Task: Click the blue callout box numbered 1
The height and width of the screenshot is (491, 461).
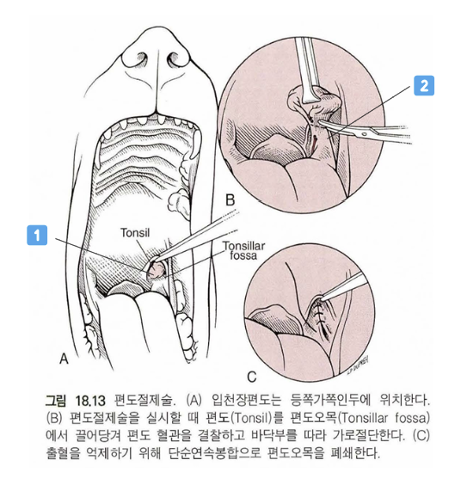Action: point(37,235)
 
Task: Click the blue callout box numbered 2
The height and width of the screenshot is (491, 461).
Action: point(424,85)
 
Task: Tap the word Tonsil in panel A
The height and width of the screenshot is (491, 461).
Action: point(135,233)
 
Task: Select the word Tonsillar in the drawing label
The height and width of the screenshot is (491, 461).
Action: point(244,246)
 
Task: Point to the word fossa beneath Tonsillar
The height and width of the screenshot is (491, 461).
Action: point(243,255)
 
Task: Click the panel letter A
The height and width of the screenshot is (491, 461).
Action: point(64,359)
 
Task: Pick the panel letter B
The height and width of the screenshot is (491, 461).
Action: point(230,199)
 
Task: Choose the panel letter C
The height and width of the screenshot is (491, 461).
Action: point(252,377)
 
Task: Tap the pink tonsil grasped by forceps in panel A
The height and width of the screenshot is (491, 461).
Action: point(157,270)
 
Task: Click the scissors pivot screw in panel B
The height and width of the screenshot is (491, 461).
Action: point(364,133)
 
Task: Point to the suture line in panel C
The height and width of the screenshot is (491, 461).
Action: point(320,316)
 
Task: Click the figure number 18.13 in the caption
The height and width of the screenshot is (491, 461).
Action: point(89,400)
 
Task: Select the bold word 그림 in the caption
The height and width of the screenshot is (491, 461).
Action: point(56,400)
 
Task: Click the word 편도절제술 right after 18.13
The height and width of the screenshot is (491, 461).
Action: point(145,400)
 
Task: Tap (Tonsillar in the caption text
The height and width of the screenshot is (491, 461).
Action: point(364,418)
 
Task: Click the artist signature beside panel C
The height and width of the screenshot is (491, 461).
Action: point(358,365)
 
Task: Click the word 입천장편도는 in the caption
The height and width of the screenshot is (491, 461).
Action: point(247,400)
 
